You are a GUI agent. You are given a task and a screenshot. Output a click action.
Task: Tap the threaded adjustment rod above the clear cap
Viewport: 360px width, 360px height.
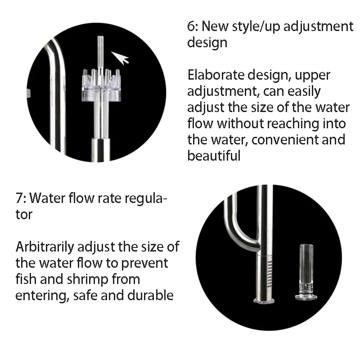coord(100,53)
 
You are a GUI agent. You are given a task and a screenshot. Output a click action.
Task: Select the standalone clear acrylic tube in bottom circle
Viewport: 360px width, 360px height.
coord(306,273)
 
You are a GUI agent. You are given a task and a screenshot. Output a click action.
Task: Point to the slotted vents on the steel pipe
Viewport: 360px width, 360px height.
coord(270,274)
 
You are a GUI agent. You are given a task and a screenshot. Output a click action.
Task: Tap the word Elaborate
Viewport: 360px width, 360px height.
coord(216,75)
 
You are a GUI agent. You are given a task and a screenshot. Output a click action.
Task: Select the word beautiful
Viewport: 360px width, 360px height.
coord(214,156)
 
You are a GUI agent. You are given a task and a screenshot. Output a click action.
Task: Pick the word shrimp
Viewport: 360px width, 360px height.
coord(87,279)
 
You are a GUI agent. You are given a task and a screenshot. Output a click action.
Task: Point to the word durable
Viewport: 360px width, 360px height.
coord(150,295)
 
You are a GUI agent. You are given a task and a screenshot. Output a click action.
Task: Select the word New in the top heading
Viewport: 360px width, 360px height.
coord(215,26)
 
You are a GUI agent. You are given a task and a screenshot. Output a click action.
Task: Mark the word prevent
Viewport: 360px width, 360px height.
coord(144,264)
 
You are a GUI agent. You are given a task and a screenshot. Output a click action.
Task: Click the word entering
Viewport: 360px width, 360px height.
coord(42,296)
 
